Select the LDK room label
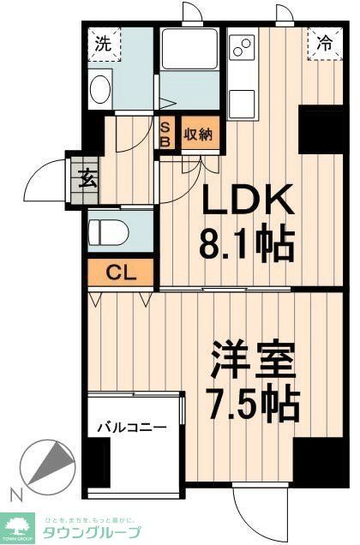pos(248,201)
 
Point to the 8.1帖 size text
pos(249,244)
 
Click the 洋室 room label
pos(255,358)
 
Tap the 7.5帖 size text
pos(255,401)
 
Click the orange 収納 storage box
pos(199,134)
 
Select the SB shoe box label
pos(167,133)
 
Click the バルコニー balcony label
pos(130,426)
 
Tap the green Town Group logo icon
pos(17,524)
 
